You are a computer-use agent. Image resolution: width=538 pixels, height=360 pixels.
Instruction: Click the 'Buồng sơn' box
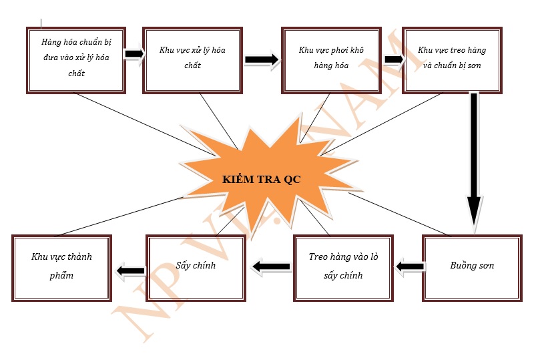[x=471, y=266]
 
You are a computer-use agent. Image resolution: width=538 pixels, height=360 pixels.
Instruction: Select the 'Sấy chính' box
[x=196, y=266]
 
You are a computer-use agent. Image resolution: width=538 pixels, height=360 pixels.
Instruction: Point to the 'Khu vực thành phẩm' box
[x=61, y=266]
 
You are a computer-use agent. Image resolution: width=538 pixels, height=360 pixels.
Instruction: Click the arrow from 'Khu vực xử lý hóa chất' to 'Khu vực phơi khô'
[x=261, y=59]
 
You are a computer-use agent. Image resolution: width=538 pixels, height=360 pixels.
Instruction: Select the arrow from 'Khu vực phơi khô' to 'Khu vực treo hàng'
[x=394, y=59]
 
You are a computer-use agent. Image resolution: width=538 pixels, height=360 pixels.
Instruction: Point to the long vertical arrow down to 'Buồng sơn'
[x=474, y=160]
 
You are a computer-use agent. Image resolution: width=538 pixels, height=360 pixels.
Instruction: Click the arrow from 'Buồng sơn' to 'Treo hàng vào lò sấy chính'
[x=410, y=267]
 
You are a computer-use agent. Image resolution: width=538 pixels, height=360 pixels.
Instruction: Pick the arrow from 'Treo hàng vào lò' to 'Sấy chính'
[x=271, y=267]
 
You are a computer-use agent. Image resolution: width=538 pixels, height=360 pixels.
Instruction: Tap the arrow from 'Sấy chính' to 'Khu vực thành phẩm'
[x=130, y=271]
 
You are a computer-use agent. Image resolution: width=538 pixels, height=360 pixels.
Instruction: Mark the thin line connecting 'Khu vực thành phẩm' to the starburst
[x=120, y=215]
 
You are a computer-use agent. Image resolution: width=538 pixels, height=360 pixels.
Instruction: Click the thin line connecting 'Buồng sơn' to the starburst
[x=400, y=215]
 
